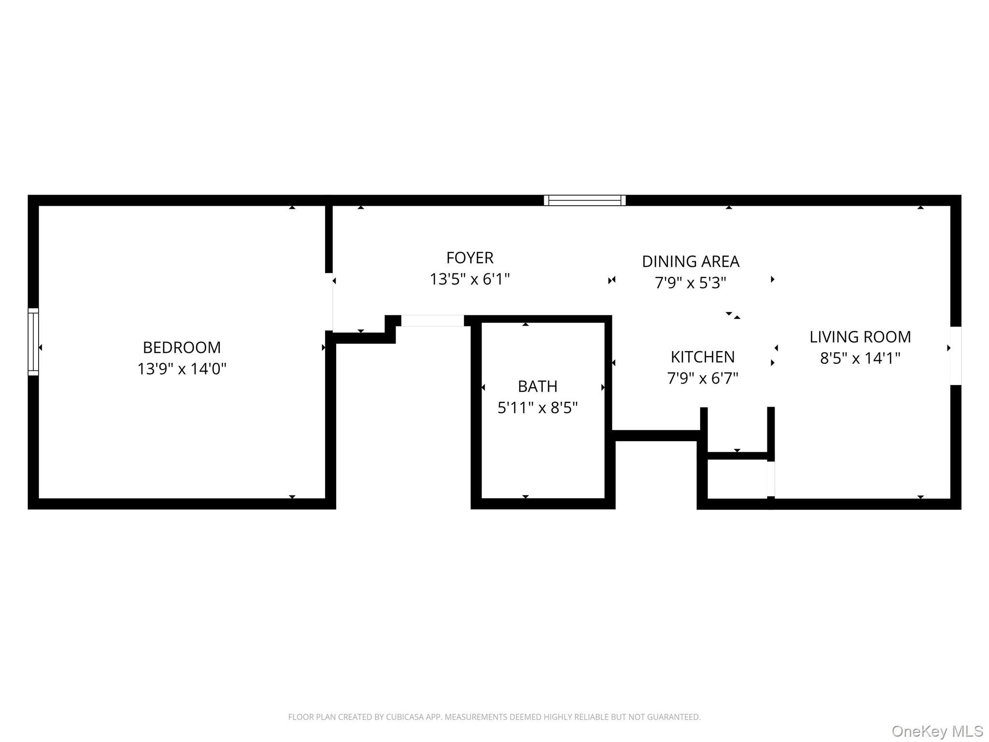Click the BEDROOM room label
182,347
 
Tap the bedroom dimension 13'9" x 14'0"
182,369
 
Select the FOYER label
469,258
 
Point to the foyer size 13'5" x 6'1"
469,279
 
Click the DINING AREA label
690,261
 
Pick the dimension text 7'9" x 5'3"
690,283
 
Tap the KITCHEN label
702,357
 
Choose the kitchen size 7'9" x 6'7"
702,378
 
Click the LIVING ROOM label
860,337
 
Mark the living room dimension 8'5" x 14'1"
860,358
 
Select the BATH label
537,386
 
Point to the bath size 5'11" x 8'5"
537,408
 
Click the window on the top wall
584,200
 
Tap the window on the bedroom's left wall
33,342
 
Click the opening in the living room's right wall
955,356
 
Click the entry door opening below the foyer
432,321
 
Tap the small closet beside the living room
737,478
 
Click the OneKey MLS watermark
937,731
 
